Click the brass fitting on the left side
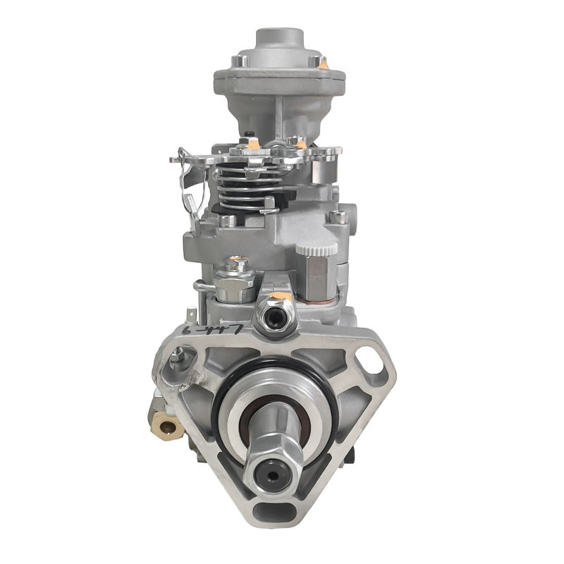(x=167, y=424)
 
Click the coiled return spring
(x=243, y=186)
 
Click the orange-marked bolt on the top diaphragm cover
(x=323, y=64)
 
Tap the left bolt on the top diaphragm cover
(x=238, y=61)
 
